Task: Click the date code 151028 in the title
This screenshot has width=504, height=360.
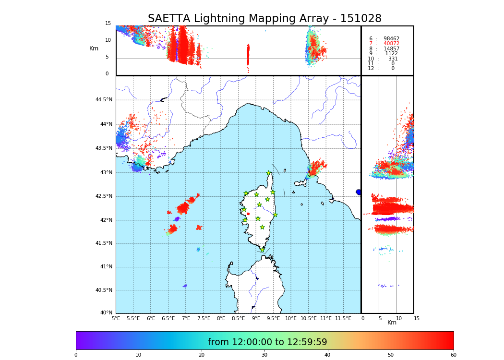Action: [360, 19]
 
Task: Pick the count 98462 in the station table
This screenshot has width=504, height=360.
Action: [391, 39]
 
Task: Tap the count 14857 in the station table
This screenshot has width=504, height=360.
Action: [391, 49]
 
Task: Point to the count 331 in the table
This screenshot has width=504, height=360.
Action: [393, 59]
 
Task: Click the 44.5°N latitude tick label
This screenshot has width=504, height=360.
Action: [104, 100]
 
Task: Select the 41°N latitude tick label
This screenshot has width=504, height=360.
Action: [106, 267]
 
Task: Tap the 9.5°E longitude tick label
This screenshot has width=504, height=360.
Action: [274, 319]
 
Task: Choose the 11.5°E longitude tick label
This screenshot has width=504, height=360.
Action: [343, 319]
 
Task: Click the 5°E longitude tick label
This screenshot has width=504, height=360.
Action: [116, 319]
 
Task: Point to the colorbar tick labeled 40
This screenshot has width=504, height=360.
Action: [327, 355]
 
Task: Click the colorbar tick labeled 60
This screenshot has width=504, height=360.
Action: [453, 355]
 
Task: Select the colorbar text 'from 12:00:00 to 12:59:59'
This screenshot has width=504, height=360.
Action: [267, 342]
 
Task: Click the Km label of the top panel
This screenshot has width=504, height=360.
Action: [94, 48]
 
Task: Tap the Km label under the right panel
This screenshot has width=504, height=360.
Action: [392, 323]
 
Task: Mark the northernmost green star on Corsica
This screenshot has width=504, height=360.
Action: [269, 173]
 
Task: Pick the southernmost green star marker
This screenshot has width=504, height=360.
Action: [262, 250]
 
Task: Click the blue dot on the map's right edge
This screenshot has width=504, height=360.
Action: [359, 192]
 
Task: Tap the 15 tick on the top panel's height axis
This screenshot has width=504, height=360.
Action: [108, 24]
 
